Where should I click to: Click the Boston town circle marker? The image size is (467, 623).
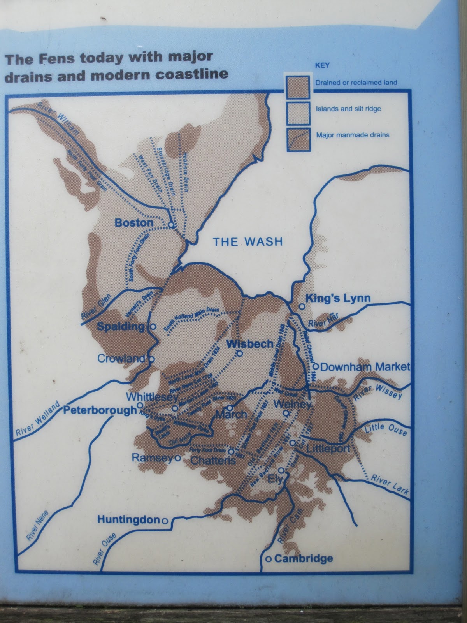pos(170,225)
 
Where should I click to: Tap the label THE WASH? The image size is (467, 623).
pos(248,242)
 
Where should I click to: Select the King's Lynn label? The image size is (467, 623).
pos(338,298)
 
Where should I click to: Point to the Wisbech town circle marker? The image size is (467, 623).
pos(240,354)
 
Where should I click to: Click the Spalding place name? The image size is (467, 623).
pos(121,326)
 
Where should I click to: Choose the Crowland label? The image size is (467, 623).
pos(121,359)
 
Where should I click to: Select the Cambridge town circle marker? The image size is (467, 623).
pos(268,559)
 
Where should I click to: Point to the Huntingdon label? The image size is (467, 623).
pos(128,519)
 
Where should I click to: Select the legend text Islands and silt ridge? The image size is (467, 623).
pos(348,109)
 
